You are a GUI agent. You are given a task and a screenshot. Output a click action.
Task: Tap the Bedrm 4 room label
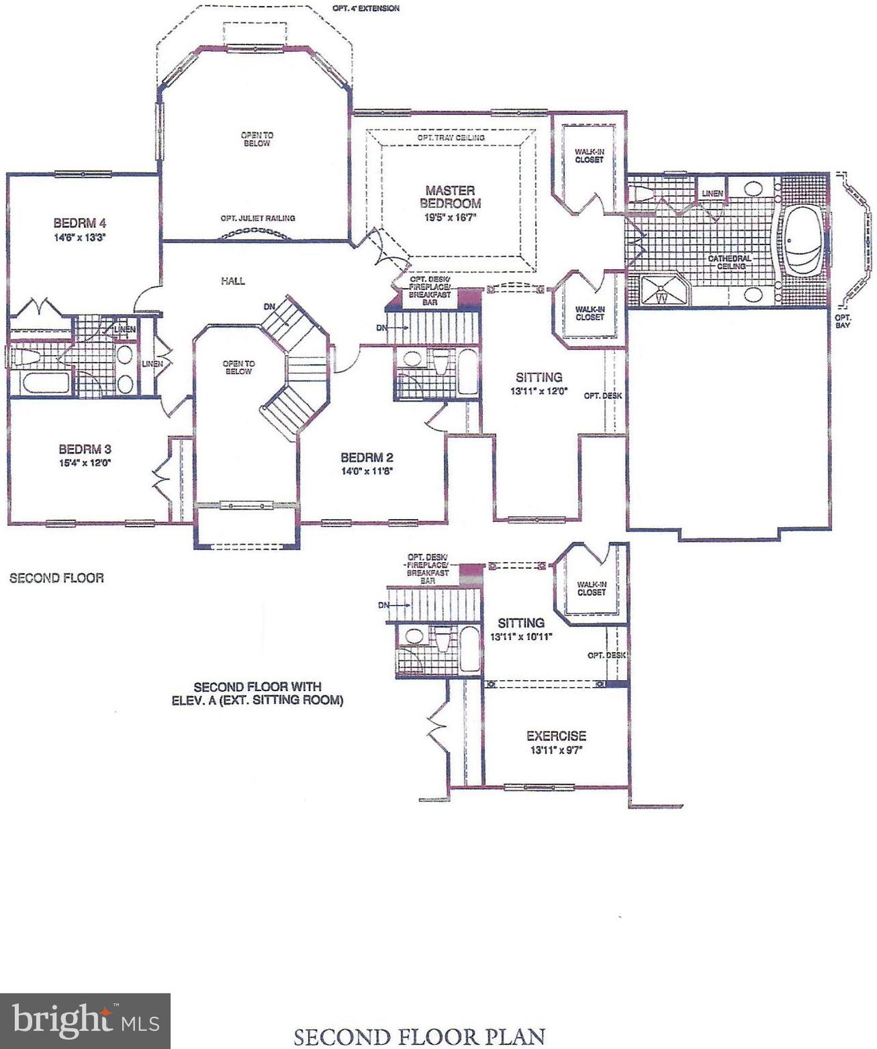pos(80,223)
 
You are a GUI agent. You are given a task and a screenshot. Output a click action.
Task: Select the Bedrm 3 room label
pos(85,449)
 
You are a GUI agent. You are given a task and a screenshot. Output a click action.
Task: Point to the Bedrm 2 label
pos(367,458)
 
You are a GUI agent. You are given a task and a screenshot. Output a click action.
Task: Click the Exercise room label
pos(556,736)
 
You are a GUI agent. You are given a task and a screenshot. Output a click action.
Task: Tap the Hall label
pos(233,281)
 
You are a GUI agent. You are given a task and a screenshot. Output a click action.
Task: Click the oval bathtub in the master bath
pos(803,240)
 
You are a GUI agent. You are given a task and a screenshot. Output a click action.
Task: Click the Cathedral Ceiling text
pos(729,262)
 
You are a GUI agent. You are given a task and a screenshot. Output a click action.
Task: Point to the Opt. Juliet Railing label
pos(257,219)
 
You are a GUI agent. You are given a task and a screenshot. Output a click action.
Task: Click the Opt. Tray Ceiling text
pos(451,138)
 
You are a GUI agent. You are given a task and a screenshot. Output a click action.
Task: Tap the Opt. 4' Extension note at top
pos(366,8)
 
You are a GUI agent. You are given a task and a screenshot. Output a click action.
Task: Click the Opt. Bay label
pos(843,321)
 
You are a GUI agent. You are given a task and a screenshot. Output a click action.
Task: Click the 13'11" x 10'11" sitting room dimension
pos(520,637)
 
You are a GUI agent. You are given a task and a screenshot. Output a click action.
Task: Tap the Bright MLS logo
pos(85,1021)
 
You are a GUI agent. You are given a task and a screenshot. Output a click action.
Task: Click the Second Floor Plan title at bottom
pos(419,1036)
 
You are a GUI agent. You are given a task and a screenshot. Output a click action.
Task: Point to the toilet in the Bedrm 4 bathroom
pos(27,357)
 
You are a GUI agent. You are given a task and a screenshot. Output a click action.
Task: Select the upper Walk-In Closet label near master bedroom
pos(589,155)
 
